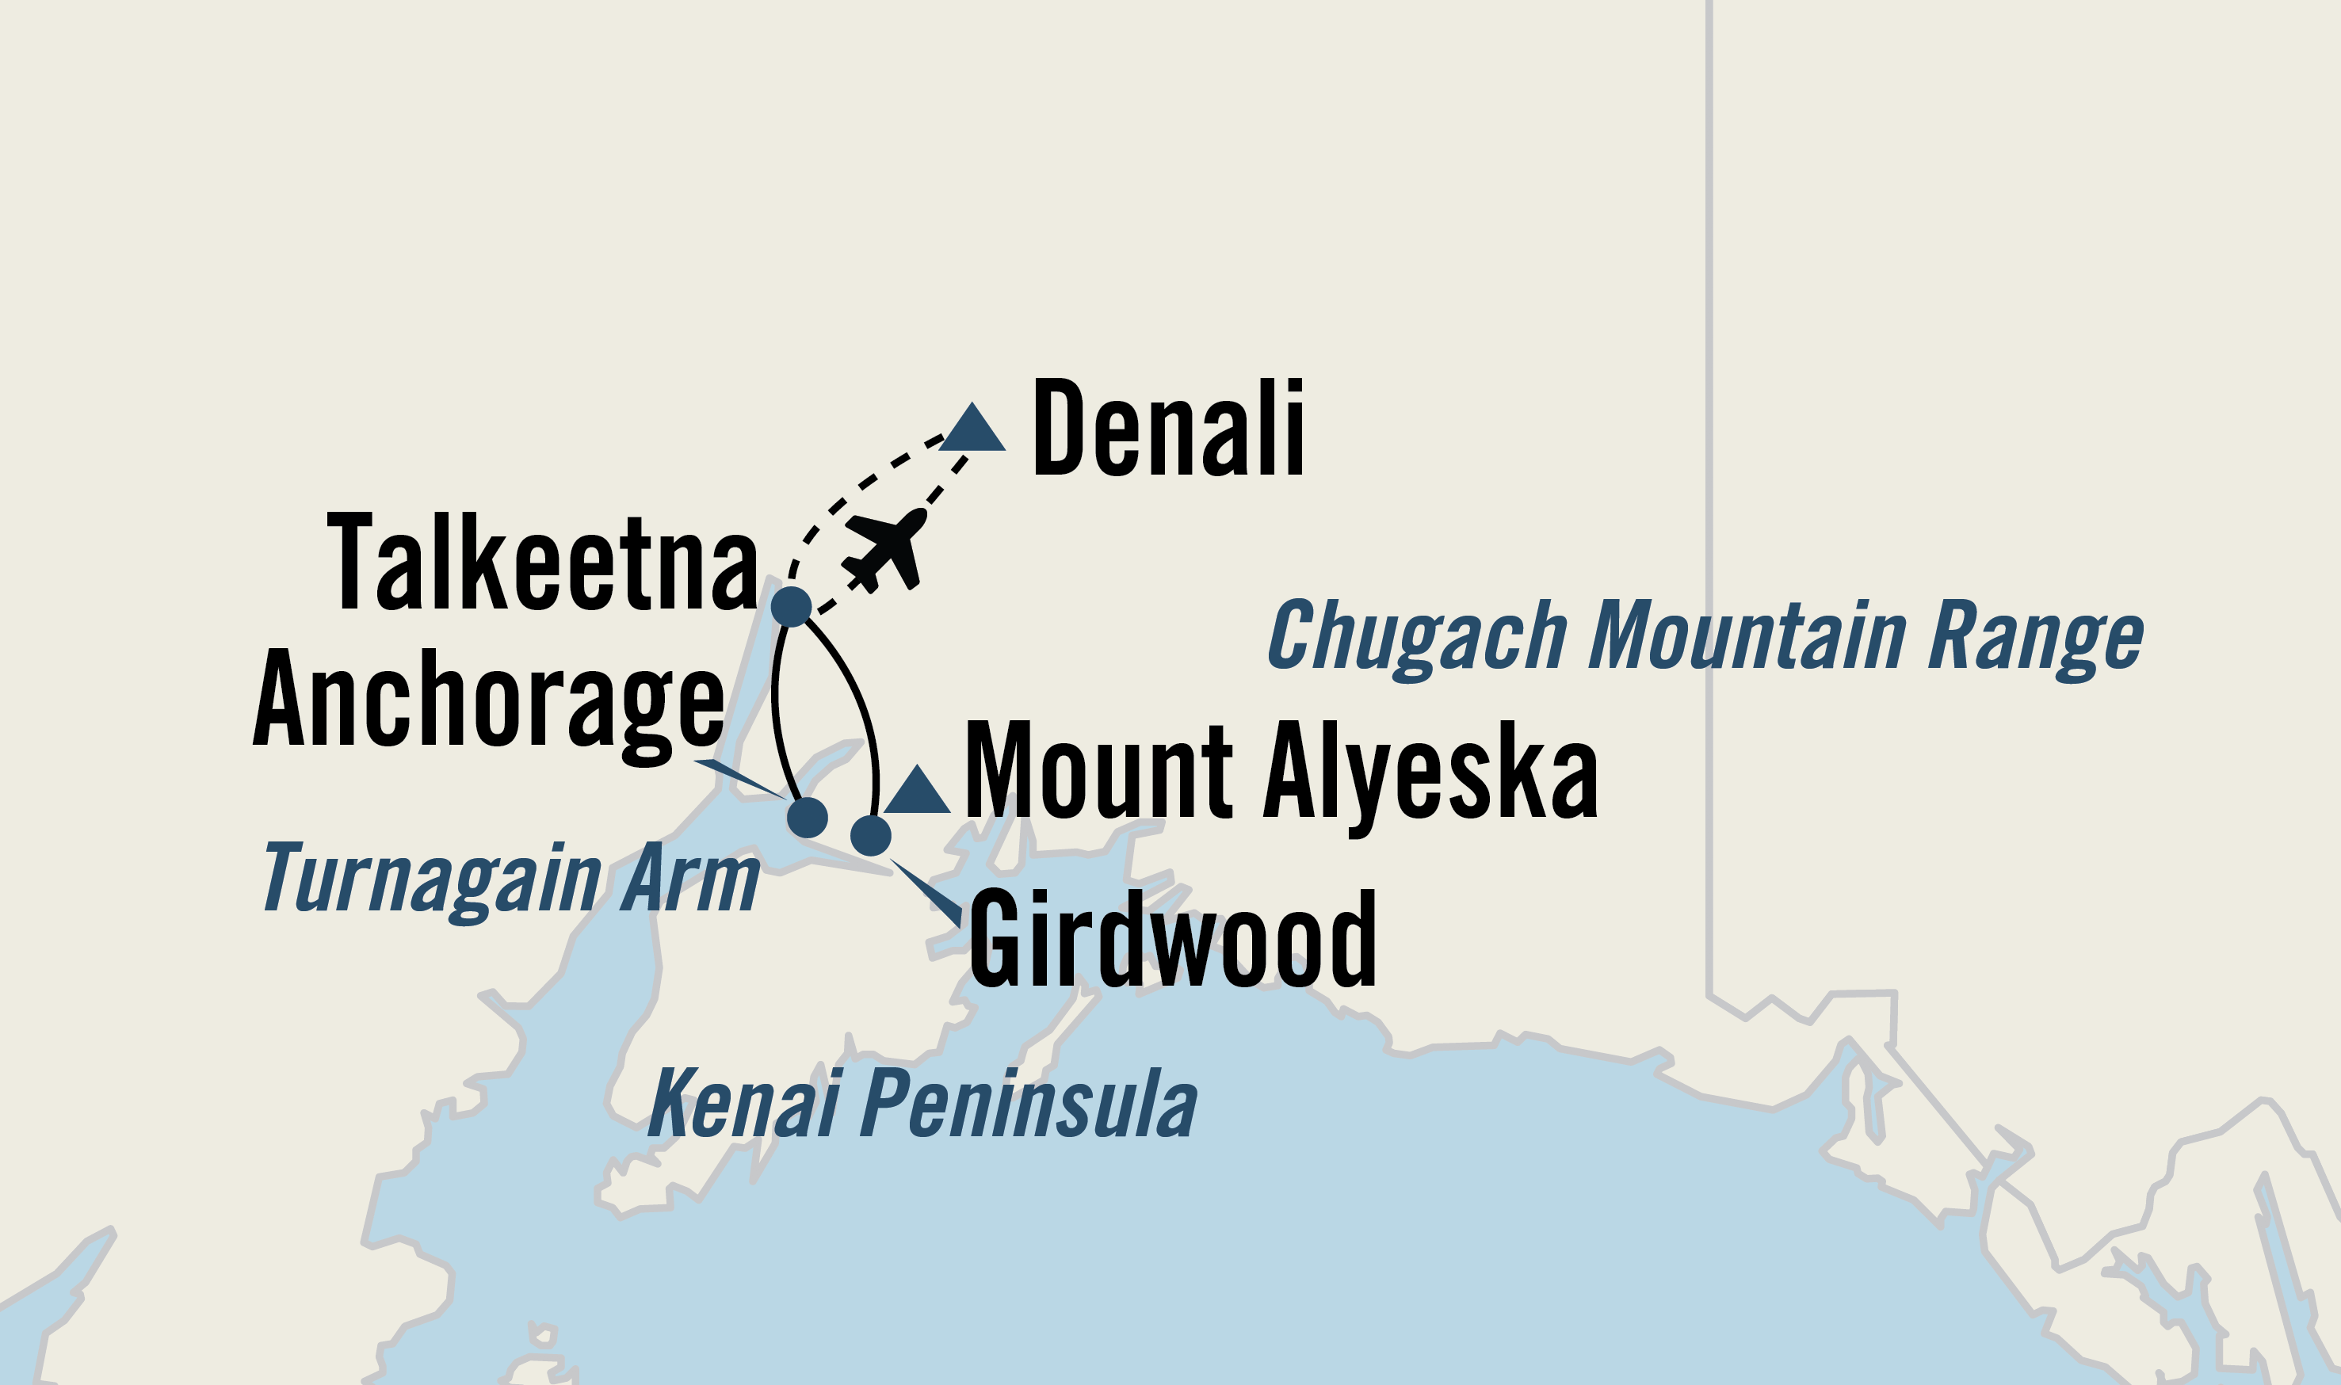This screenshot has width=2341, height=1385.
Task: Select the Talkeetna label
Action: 542,563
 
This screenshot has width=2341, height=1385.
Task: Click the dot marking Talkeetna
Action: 792,607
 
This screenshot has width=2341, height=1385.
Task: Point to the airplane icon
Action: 883,551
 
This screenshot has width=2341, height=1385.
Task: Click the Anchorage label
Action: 488,701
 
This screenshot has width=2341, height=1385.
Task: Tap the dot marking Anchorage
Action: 808,818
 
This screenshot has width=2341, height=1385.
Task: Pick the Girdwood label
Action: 1172,939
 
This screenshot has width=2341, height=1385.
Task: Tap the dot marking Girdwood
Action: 871,835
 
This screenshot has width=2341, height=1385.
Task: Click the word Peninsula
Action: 1028,1104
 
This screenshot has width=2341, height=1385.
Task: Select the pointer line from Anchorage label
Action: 739,780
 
